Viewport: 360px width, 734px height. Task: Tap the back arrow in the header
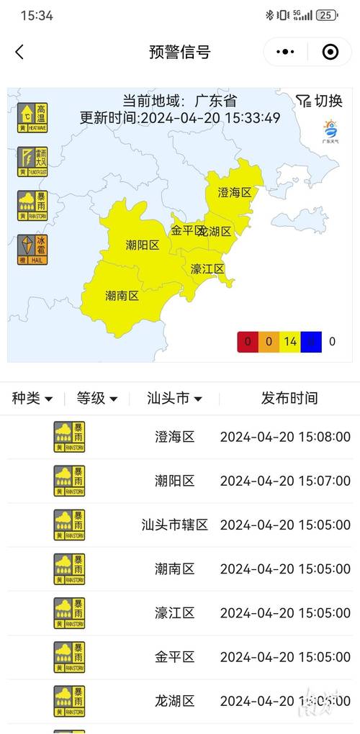pyautogui.click(x=19, y=52)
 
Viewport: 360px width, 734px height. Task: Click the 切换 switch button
pyautogui.click(x=319, y=101)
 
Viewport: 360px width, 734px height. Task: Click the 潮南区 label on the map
pyautogui.click(x=122, y=296)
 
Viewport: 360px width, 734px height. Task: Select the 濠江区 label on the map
pyautogui.click(x=207, y=269)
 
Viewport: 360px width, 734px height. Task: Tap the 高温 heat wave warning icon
pyautogui.click(x=32, y=118)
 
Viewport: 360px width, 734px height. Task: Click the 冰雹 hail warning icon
pyautogui.click(x=32, y=249)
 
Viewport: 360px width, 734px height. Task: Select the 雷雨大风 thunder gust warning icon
pyautogui.click(x=32, y=162)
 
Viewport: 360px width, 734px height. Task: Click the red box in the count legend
pyautogui.click(x=248, y=342)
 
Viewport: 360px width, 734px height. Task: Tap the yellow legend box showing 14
pyautogui.click(x=290, y=342)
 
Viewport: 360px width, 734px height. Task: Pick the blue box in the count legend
pyautogui.click(x=311, y=342)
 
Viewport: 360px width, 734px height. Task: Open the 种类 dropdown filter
pyautogui.click(x=32, y=398)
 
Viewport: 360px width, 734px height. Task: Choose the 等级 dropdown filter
pyautogui.click(x=97, y=398)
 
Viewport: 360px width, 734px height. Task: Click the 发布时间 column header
pyautogui.click(x=289, y=398)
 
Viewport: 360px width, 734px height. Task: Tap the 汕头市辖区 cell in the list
pyautogui.click(x=175, y=525)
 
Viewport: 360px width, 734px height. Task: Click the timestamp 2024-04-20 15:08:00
pyautogui.click(x=285, y=437)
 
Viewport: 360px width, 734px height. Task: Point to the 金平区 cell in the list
pyautogui.click(x=175, y=656)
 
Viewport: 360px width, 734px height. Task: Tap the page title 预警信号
pyautogui.click(x=180, y=52)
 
